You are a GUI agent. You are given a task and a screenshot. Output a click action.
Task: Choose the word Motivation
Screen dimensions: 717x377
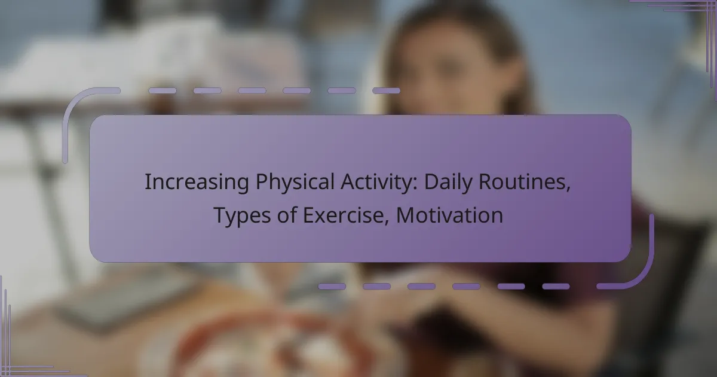tap(450, 215)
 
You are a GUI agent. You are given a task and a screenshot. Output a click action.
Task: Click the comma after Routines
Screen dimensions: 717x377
tap(568, 190)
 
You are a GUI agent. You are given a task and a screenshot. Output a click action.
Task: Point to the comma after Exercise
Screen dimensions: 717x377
tap(387, 223)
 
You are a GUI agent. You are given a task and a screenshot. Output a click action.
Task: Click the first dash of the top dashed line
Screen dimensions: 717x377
tap(163, 91)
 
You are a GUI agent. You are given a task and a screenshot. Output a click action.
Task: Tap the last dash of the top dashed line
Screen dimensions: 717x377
tap(386, 91)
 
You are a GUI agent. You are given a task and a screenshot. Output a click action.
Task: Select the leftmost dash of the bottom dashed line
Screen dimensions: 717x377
tap(332, 286)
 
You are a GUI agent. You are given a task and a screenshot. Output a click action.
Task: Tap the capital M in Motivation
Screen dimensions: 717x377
tap(406, 215)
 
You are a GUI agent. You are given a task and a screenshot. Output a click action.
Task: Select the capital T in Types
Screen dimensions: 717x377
tap(221, 215)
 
